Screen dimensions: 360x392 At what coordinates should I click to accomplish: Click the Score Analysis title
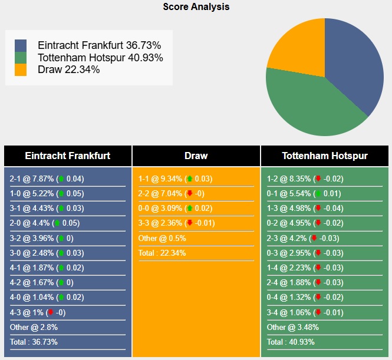196,7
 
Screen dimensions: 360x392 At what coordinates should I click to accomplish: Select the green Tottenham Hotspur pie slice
307,106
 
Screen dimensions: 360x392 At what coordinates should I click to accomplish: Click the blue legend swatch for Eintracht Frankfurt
21,46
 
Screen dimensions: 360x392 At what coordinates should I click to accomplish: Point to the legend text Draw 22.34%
68,70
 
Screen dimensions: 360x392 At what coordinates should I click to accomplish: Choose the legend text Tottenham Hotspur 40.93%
100,58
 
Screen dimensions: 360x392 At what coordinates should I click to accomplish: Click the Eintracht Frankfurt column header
68,156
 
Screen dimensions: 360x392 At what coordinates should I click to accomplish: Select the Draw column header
196,156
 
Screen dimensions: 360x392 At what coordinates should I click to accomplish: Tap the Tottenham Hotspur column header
325,156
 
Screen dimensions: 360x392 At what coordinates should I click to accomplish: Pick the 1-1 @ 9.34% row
175,179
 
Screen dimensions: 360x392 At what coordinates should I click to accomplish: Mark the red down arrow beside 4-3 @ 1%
51,312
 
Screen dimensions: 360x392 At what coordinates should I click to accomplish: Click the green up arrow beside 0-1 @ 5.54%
318,194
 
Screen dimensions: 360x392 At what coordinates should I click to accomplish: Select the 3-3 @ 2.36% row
176,223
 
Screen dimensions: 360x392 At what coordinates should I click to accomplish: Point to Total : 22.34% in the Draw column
163,253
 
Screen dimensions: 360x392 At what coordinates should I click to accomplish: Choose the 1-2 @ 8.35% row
305,179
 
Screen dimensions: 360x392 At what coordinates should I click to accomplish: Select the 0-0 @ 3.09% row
175,209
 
